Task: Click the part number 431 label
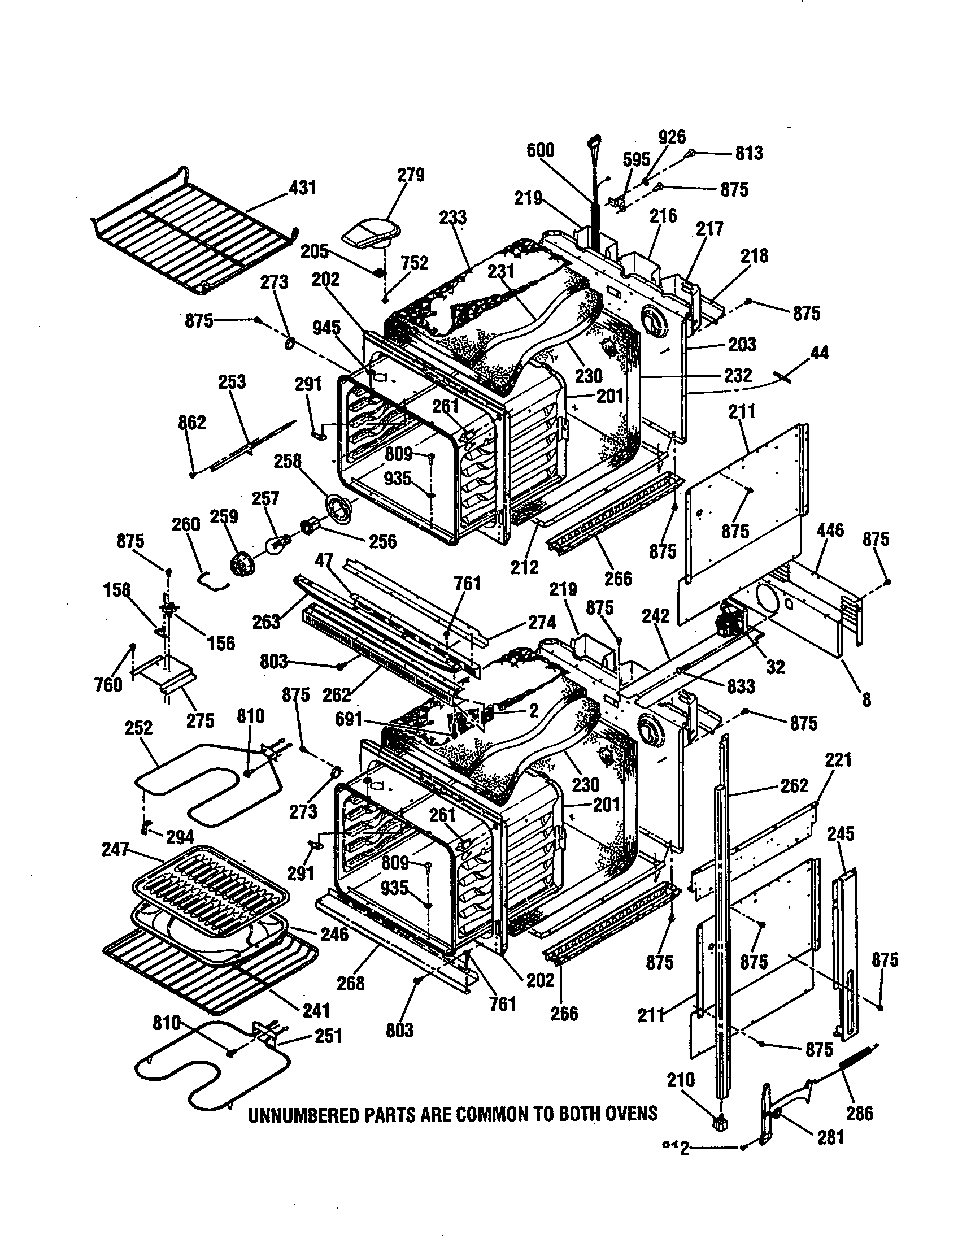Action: pyautogui.click(x=302, y=187)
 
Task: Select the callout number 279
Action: pyautogui.click(x=410, y=175)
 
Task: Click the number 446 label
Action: pyautogui.click(x=829, y=531)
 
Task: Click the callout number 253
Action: pyautogui.click(x=232, y=381)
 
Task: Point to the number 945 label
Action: pyautogui.click(x=326, y=328)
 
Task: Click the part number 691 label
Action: pyautogui.click(x=348, y=719)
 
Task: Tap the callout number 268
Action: pyautogui.click(x=350, y=984)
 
